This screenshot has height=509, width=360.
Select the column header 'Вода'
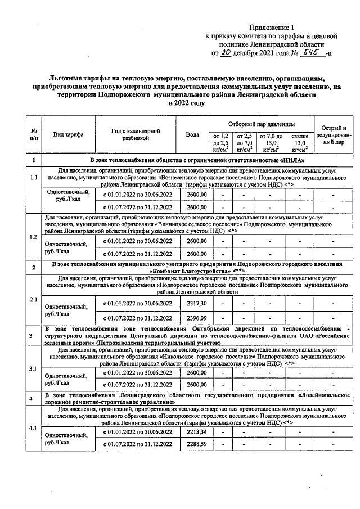tap(192, 135)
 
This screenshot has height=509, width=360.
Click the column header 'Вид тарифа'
tap(68, 135)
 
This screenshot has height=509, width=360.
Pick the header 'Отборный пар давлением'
tap(261, 123)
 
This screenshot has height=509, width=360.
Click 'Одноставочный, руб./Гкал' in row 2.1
tap(66, 310)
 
